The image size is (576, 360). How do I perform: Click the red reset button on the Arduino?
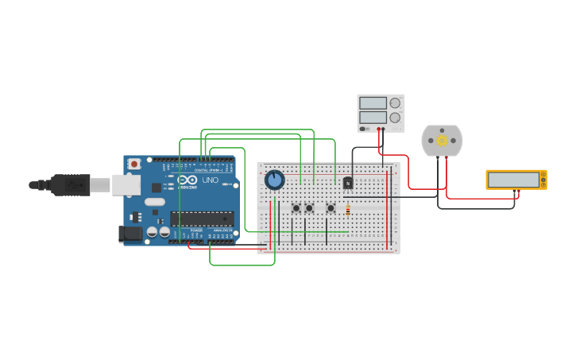(x=134, y=164)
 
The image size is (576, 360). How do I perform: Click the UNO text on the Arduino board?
(x=210, y=180)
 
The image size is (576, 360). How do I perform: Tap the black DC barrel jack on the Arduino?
(x=130, y=233)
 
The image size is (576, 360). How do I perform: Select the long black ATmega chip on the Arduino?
(x=202, y=219)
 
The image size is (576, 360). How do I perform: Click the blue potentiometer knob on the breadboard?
(x=274, y=180)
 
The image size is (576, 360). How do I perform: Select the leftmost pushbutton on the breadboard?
(x=296, y=208)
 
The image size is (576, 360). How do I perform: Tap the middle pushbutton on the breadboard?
(x=309, y=208)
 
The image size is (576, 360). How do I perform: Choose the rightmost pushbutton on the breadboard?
(x=331, y=208)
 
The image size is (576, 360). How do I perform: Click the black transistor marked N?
(x=347, y=184)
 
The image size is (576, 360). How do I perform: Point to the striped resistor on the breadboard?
(x=348, y=209)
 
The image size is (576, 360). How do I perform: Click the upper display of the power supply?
(x=372, y=103)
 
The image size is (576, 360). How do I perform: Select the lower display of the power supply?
(x=372, y=118)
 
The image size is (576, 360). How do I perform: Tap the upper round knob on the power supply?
(x=395, y=103)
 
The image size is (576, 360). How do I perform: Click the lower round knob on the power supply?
(x=395, y=118)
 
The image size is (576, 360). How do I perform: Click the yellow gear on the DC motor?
(x=442, y=141)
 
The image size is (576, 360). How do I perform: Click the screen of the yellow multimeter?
(x=513, y=180)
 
